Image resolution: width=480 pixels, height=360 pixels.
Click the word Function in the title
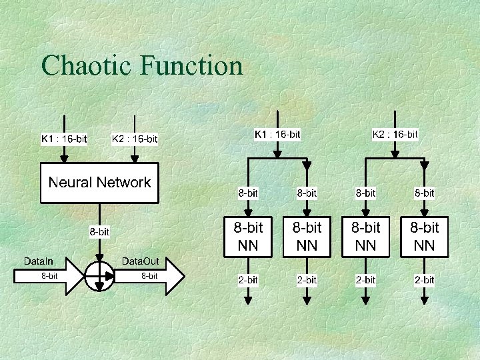point(191,66)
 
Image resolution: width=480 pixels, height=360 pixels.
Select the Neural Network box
point(100,183)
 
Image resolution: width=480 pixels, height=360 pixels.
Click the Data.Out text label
point(140,261)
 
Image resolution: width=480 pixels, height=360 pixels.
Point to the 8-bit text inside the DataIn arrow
point(49,276)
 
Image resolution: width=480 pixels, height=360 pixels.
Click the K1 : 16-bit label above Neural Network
point(64,139)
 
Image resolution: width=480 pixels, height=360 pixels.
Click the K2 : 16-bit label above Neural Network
point(135,139)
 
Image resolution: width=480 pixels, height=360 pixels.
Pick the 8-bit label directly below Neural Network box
point(100,232)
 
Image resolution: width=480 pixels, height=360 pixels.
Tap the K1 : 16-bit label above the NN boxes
point(277,134)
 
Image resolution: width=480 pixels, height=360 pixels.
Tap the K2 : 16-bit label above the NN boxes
point(395,134)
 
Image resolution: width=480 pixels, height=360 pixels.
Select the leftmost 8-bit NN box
point(248,237)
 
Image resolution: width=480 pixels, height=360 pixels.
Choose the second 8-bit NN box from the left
point(307,237)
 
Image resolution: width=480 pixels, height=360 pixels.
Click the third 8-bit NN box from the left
point(365,237)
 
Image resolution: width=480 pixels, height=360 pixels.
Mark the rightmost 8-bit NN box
point(424,237)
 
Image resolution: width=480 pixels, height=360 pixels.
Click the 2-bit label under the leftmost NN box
point(248,280)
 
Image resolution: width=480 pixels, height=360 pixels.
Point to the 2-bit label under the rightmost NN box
point(424,280)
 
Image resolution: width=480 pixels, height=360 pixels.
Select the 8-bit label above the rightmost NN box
point(424,193)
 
